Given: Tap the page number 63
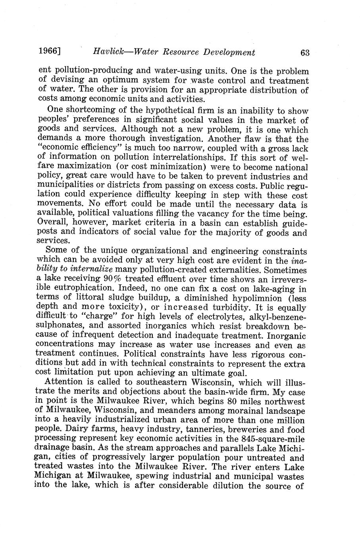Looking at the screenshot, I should [305, 52].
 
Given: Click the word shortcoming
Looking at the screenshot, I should [91, 110].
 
